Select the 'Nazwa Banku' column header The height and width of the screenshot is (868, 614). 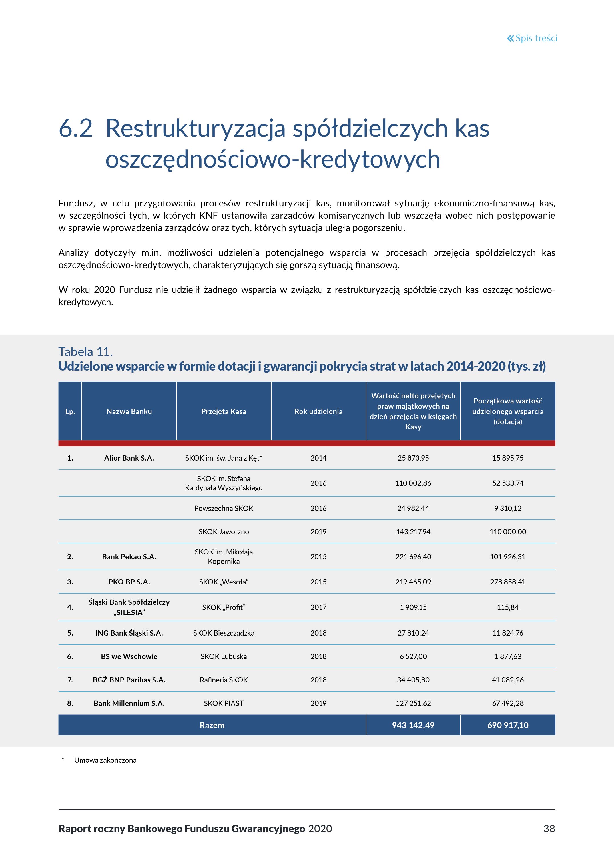129,411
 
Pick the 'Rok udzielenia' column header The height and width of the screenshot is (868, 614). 318,411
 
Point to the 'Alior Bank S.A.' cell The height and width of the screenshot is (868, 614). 129,458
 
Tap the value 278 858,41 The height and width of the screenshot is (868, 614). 507,582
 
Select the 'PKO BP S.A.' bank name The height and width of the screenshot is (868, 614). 129,582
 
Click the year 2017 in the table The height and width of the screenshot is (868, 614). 318,607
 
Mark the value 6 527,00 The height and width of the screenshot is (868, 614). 413,656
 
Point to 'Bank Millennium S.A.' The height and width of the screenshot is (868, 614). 129,703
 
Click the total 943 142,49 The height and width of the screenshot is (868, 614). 413,725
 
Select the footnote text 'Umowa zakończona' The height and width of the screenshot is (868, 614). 105,760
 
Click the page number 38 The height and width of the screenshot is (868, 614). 549,829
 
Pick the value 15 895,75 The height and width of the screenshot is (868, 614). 507,458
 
